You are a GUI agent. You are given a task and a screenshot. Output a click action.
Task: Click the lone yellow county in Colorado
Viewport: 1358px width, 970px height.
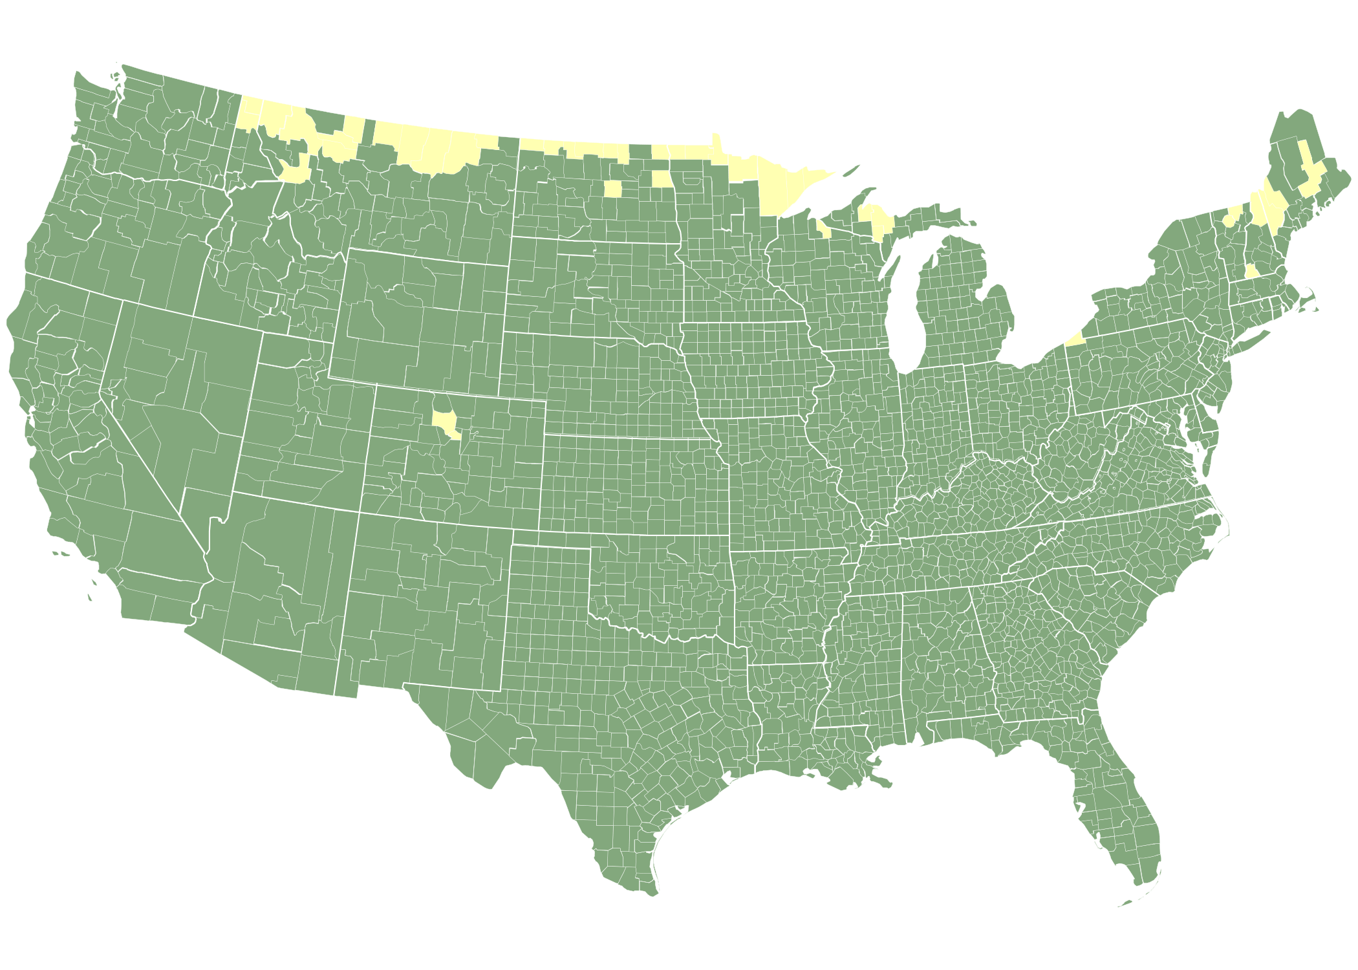click(445, 423)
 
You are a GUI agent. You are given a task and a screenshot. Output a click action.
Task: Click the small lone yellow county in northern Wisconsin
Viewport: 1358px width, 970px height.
click(823, 228)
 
